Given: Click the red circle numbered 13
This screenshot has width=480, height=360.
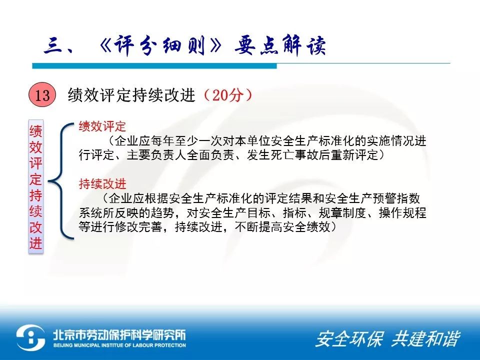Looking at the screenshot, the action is click(x=42, y=95).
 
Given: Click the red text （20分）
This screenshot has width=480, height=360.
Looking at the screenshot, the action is click(x=227, y=95).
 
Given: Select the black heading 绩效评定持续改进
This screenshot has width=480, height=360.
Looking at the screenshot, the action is click(x=131, y=95).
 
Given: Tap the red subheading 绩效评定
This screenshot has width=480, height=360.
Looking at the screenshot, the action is click(x=102, y=126).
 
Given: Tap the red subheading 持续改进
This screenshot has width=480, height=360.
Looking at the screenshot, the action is click(x=102, y=183).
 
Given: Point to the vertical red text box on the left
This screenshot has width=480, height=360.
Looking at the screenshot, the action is click(x=36, y=186).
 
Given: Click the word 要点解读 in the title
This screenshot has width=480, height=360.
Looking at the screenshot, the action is click(x=280, y=46).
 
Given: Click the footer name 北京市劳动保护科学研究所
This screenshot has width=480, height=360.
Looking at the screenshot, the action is click(x=119, y=335).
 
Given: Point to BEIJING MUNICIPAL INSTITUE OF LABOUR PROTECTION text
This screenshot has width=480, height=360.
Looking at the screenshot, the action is click(x=119, y=345).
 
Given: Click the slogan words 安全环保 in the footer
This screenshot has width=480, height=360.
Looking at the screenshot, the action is click(x=349, y=339).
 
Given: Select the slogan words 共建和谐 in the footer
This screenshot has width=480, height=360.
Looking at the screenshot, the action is click(x=426, y=339).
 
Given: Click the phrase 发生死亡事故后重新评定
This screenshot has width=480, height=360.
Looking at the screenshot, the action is click(x=312, y=155).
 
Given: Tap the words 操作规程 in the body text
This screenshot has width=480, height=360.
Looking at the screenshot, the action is click(x=402, y=213).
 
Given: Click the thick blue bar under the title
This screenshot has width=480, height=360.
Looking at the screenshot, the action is click(x=154, y=66).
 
